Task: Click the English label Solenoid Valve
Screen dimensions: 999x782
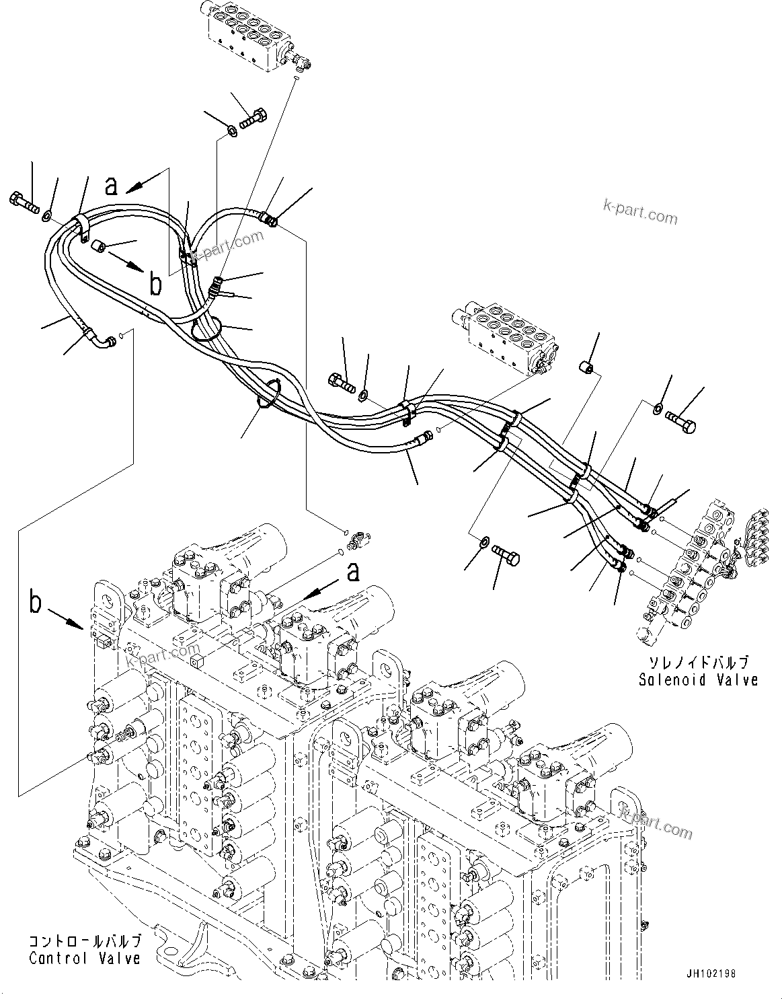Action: [698, 680]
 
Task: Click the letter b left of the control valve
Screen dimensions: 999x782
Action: [36, 602]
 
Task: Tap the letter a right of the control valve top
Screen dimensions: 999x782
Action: [352, 573]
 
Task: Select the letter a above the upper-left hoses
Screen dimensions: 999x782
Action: [112, 185]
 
